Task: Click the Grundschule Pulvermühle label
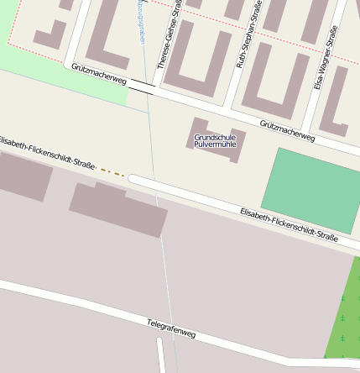pos(215,140)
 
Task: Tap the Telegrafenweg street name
pos(171,328)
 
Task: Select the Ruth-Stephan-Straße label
pos(248,34)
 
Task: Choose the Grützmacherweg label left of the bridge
pos(98,74)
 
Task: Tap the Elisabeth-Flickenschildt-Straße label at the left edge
pos(47,150)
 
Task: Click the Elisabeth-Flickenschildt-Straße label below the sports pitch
pos(289,224)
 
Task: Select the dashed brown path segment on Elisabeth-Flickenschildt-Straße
pos(112,172)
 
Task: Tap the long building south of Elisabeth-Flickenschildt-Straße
pos(118,208)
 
